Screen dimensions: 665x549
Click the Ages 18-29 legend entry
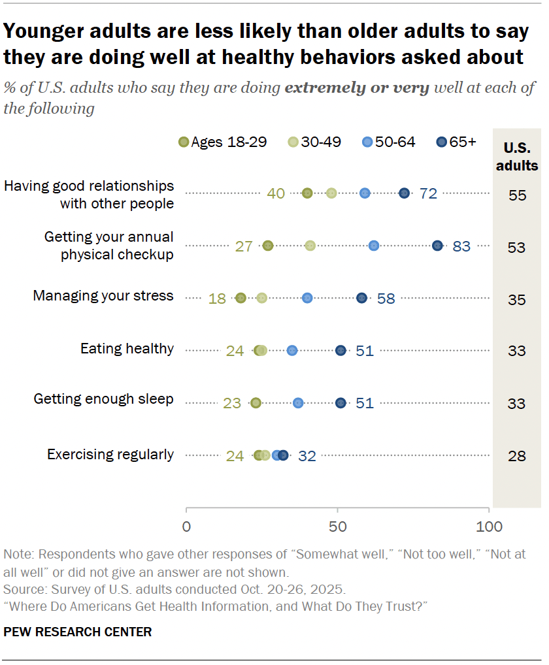223,142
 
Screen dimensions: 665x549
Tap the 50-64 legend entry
388,142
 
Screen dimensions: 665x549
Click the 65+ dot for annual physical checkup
437,246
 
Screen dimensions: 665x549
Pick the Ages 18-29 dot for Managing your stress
241,298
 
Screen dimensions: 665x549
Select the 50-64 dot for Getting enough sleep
298,403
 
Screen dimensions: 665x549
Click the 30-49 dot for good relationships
331,193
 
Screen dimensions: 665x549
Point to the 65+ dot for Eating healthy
341,351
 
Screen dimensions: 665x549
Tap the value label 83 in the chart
461,246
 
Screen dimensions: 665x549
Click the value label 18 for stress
217,299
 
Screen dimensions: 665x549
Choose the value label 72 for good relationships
428,193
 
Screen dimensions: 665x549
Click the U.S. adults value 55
517,195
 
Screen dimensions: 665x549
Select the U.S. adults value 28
517,456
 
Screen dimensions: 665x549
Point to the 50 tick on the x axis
337,527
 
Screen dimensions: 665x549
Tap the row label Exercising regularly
110,455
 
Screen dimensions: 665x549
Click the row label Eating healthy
127,349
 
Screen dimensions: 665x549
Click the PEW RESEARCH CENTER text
78,632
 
